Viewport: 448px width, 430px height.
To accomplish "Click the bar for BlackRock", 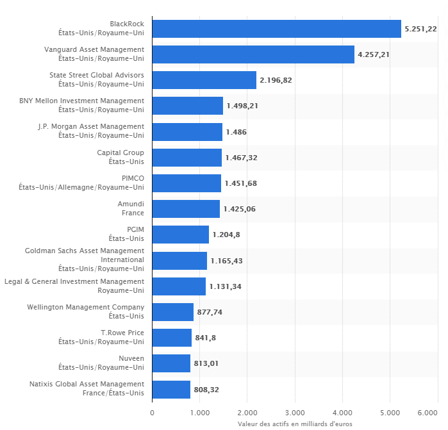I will (276, 29).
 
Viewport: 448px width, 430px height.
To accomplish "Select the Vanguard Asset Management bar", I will (253, 54).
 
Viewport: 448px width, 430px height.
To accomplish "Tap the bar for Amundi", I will (186, 209).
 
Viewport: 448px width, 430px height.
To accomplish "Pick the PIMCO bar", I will (187, 183).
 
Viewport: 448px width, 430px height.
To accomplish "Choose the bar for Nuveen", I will (171, 363).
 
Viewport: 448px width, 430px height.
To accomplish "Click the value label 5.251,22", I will (420, 29).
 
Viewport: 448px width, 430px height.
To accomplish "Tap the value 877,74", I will (210, 312).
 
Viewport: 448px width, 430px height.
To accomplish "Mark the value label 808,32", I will (206, 389).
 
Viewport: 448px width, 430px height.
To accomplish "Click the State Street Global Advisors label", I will (97, 79).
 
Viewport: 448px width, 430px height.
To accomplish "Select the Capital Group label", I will (120, 157).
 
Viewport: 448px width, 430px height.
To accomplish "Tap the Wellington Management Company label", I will (85, 311).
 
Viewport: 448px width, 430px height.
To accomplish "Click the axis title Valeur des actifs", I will (295, 424).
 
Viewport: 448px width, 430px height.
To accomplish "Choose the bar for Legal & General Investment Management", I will (179, 286).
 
